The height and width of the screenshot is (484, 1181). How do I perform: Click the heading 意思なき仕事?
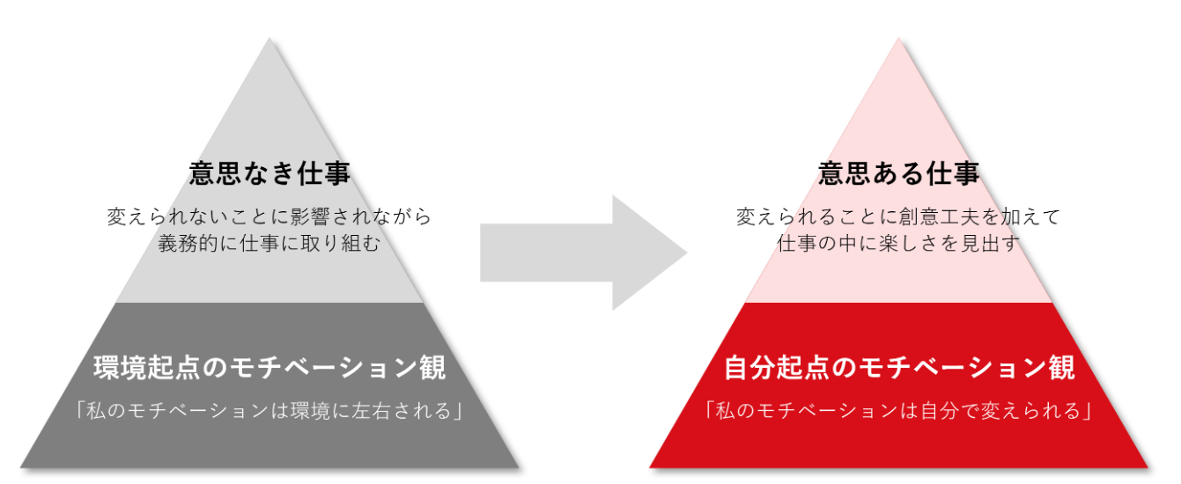pos(269,173)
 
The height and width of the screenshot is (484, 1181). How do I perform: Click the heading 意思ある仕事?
pos(898,173)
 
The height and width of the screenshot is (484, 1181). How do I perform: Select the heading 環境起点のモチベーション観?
pos(269,368)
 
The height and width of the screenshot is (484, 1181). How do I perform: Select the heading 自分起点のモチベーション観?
pos(899,368)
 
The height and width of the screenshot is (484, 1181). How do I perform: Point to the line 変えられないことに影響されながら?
pos(269,216)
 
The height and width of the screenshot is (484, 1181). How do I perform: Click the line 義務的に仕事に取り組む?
pos(269,243)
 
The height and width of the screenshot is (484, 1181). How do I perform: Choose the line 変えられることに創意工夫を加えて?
pos(898,216)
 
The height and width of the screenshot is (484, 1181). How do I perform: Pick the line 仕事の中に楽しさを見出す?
pos(898,243)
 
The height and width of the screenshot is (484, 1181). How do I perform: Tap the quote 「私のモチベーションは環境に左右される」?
pos(269,411)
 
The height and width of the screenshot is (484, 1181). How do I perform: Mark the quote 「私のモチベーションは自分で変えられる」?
pos(899,411)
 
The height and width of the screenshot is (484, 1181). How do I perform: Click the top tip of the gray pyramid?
pos(269,40)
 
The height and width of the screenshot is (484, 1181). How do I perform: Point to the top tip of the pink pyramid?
pos(898,40)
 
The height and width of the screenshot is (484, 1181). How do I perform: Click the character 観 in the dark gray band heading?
pos(432,368)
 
